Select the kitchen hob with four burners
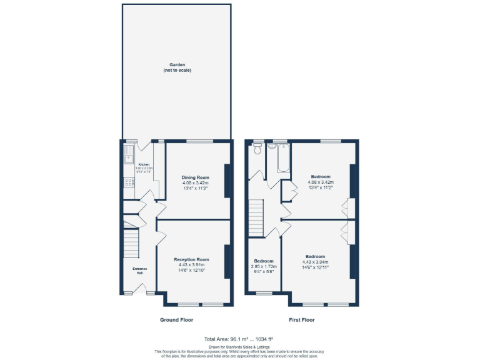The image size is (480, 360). [x=129, y=182]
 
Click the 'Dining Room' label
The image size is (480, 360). [x=195, y=177]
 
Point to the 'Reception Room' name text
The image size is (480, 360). [x=191, y=259]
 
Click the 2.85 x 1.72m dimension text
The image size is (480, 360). [x=264, y=266]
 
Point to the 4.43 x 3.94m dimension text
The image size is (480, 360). [x=315, y=262]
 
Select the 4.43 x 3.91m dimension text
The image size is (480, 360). [x=191, y=265]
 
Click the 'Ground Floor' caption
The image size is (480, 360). [x=176, y=319]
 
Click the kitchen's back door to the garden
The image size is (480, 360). [x=144, y=144]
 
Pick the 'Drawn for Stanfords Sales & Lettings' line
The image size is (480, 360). [x=239, y=346]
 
